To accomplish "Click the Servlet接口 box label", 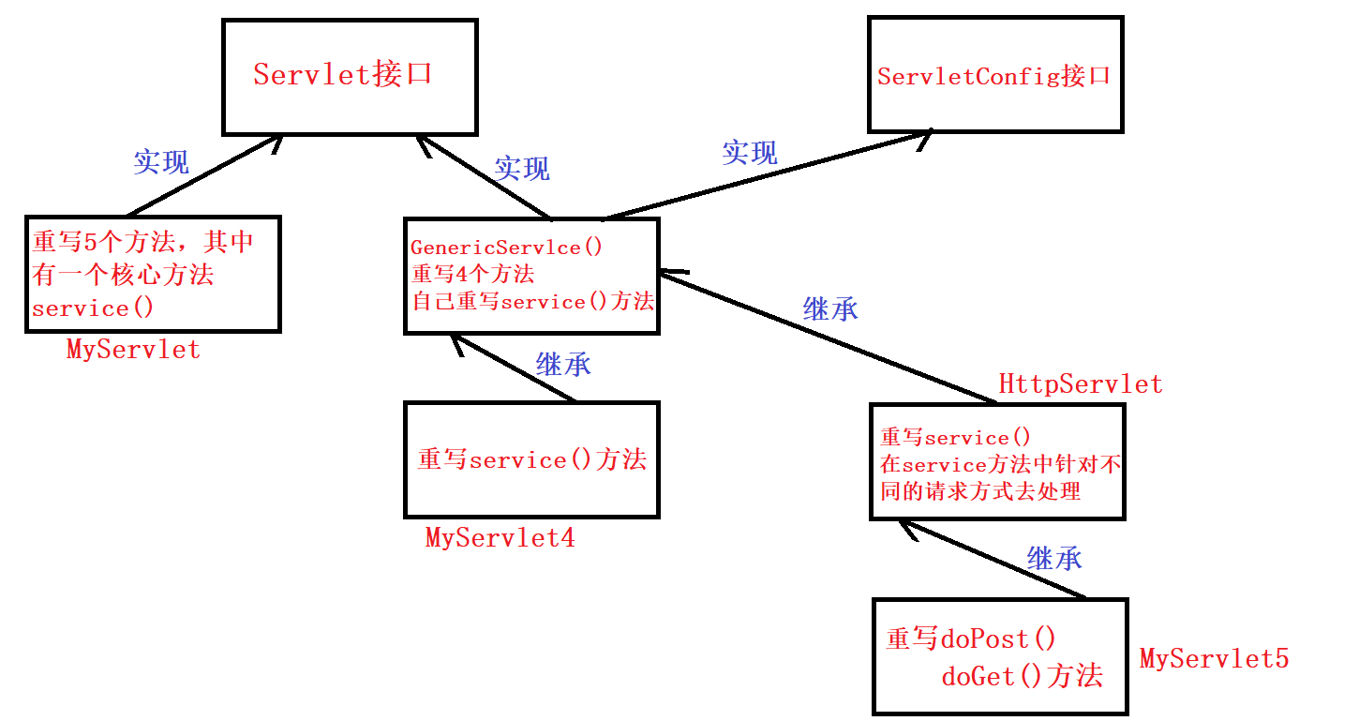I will click(342, 74).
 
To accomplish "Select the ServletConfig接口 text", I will click(993, 76).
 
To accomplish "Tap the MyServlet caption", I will click(133, 350).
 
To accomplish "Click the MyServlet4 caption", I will click(500, 537).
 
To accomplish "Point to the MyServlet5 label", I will click(1214, 658).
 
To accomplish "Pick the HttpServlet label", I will click(1080, 383).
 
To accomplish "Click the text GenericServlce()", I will click(507, 248).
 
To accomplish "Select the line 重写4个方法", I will click(472, 275).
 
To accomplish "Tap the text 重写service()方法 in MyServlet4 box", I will click(531, 460).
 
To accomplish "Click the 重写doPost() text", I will click(971, 638).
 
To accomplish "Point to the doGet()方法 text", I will click(1022, 676).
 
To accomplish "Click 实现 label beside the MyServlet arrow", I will click(161, 162).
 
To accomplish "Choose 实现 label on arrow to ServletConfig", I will click(750, 153).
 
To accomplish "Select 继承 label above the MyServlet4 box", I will click(563, 365).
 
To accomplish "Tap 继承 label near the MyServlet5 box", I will click(1054, 559).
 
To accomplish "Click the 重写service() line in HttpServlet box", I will click(955, 438).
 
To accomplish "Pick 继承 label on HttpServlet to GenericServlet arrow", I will click(830, 308).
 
